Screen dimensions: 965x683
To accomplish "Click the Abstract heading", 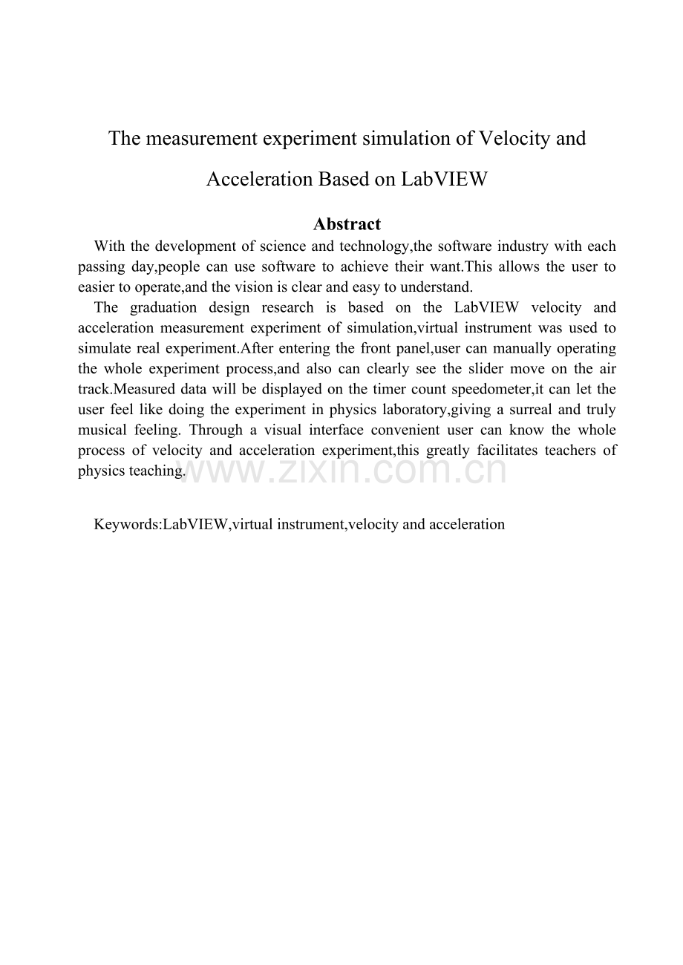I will [347, 224].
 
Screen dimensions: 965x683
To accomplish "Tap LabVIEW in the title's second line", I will [444, 179].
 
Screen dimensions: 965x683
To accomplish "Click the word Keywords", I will [125, 524].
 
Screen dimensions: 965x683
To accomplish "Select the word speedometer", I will [492, 389].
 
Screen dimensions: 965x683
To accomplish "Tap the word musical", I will [101, 430].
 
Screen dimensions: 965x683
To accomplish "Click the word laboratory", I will [411, 409].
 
